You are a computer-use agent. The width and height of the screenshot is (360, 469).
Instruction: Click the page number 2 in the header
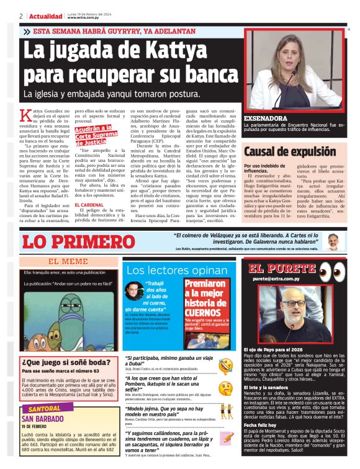tap(21, 16)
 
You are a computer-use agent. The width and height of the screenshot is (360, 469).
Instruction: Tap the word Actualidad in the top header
tap(45, 16)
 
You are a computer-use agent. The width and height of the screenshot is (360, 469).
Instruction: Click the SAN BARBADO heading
tap(48, 419)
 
